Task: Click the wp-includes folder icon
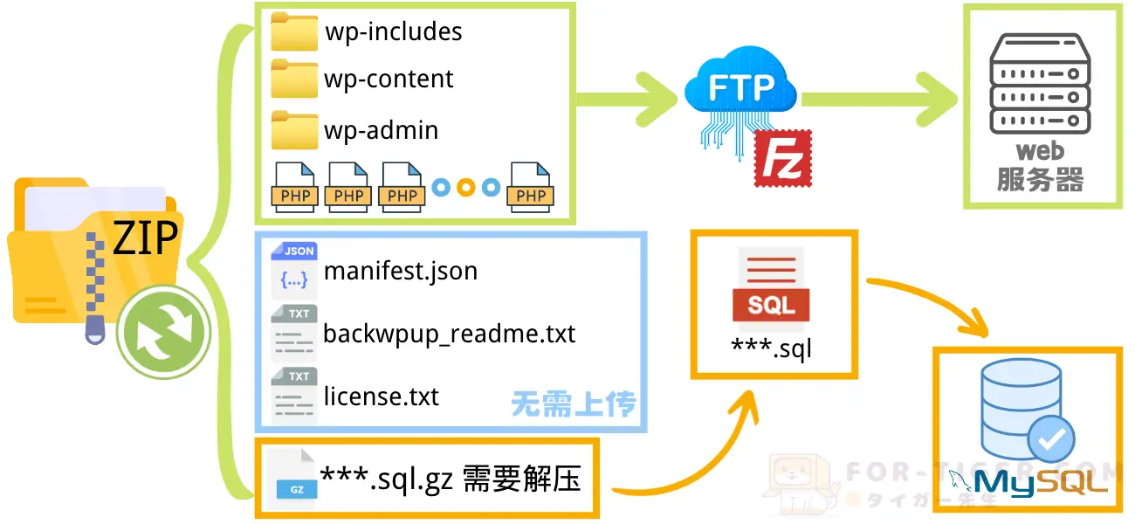click(x=294, y=31)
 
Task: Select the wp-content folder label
click(x=389, y=79)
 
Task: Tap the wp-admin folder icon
click(x=294, y=129)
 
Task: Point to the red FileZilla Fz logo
click(x=782, y=158)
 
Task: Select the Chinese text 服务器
click(x=1040, y=180)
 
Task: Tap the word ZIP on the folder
click(x=145, y=238)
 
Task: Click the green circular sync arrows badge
click(x=162, y=333)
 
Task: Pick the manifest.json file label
click(x=401, y=271)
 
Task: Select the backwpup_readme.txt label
click(x=450, y=334)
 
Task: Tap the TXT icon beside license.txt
click(x=293, y=396)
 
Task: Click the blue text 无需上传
click(x=574, y=404)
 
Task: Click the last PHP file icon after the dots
click(x=531, y=187)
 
